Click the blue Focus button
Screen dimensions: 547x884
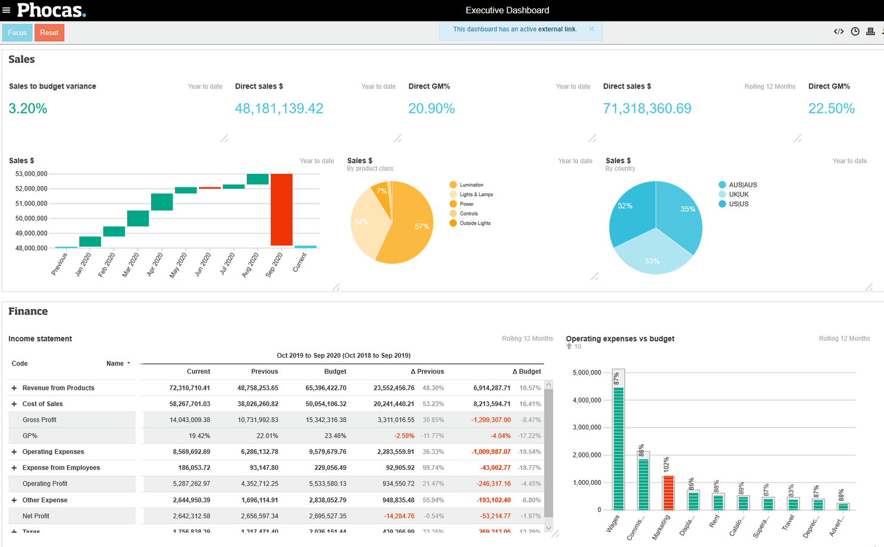coord(17,33)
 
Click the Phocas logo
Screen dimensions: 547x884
coord(51,10)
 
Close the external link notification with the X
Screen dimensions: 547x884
coord(591,29)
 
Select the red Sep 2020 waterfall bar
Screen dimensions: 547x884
coord(281,209)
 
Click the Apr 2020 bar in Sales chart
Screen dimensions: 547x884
coord(162,202)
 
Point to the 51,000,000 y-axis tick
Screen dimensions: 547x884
coord(31,204)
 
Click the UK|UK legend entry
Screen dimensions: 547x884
coord(738,195)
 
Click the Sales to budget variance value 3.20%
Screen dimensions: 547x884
coord(27,109)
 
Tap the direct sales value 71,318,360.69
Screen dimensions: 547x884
coord(647,109)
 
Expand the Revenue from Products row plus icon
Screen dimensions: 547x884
coord(14,388)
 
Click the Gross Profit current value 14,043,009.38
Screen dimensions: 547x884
coord(189,420)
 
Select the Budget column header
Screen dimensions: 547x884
coord(334,371)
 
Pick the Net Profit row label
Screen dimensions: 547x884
coord(36,516)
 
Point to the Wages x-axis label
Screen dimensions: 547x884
coord(613,523)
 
